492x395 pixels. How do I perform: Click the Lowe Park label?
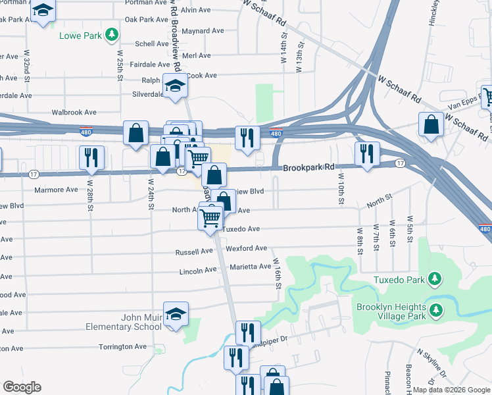[81, 35]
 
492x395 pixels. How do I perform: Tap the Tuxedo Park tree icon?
[434, 280]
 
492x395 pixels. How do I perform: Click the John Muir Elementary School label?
[124, 322]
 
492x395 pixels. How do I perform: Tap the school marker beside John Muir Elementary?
[176, 315]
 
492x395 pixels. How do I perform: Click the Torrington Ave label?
[122, 346]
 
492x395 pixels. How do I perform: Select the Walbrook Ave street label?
[74, 113]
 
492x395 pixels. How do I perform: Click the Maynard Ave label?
[204, 31]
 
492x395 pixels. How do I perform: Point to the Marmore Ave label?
[56, 190]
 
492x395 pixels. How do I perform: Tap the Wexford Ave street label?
[247, 248]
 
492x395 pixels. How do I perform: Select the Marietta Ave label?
[251, 267]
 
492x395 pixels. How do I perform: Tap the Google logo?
[22, 387]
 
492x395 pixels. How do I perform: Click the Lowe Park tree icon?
[112, 34]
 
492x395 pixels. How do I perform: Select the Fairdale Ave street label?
[151, 65]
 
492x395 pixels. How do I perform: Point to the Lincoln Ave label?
[198, 271]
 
